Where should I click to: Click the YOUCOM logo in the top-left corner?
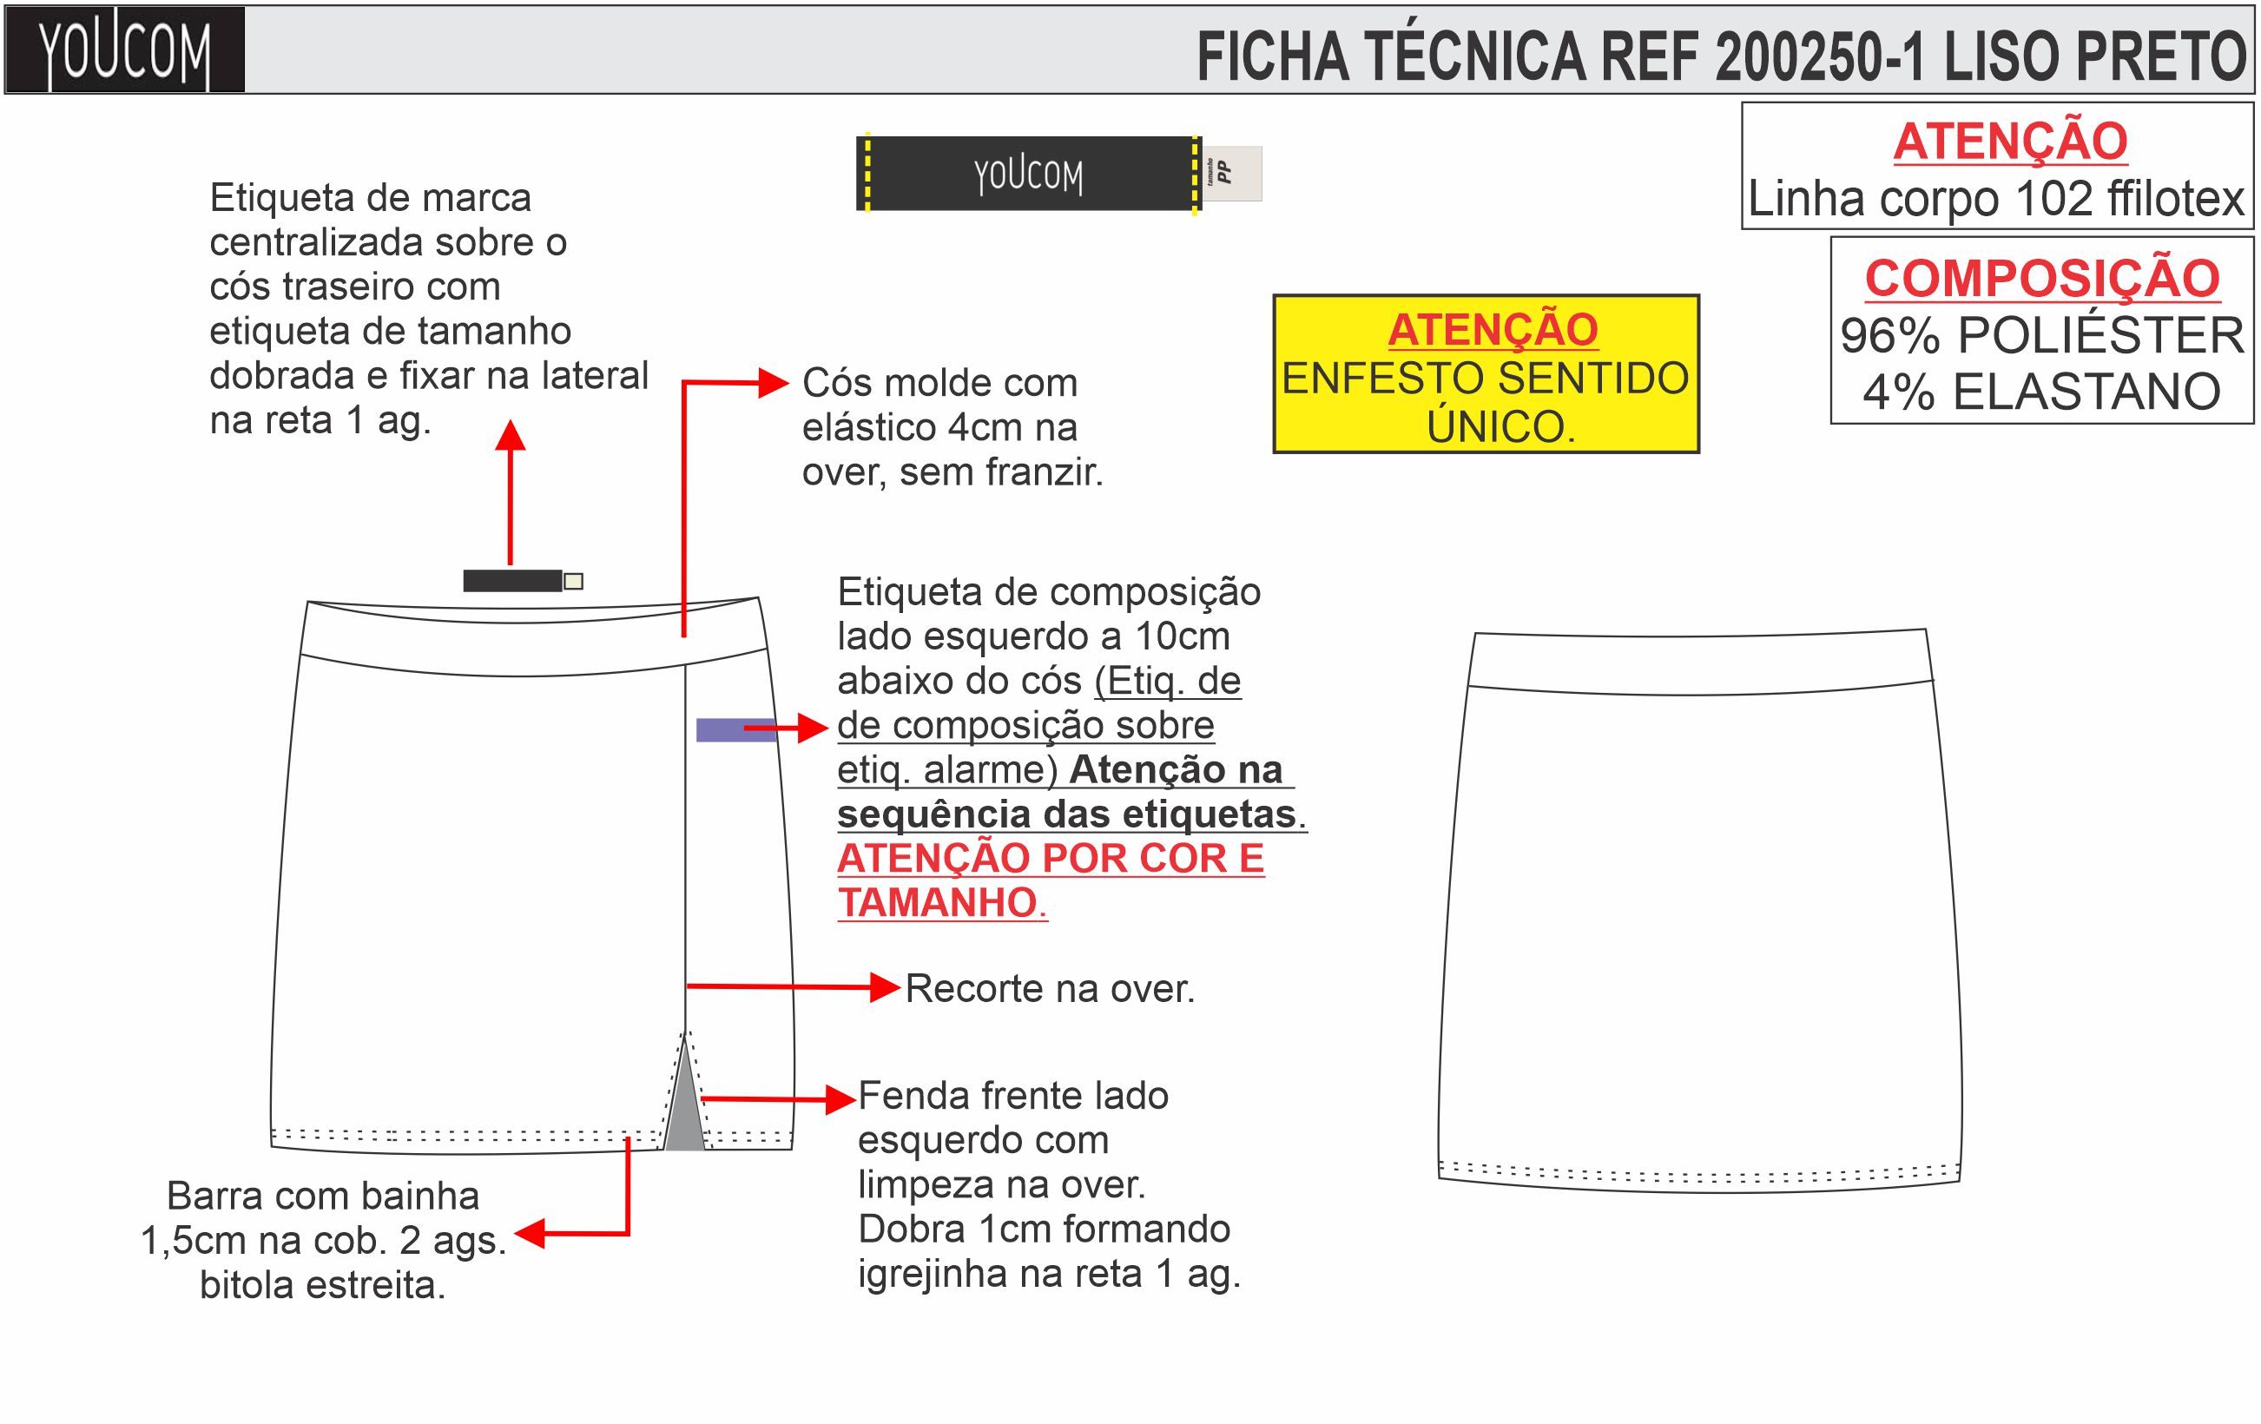(x=124, y=50)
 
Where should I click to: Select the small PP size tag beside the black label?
(x=1232, y=173)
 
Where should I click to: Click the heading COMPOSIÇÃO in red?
(x=2041, y=279)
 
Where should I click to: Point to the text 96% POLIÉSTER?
(x=2041, y=336)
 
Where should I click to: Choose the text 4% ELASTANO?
(x=2041, y=392)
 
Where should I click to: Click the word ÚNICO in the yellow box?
(x=1500, y=427)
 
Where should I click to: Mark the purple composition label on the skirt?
(x=735, y=729)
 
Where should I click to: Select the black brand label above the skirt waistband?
(x=511, y=581)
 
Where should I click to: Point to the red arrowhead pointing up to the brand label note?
(x=510, y=436)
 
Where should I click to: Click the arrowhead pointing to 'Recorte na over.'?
(x=885, y=987)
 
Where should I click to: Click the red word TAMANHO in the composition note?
(x=937, y=903)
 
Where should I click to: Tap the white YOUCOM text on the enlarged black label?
(x=1028, y=175)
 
